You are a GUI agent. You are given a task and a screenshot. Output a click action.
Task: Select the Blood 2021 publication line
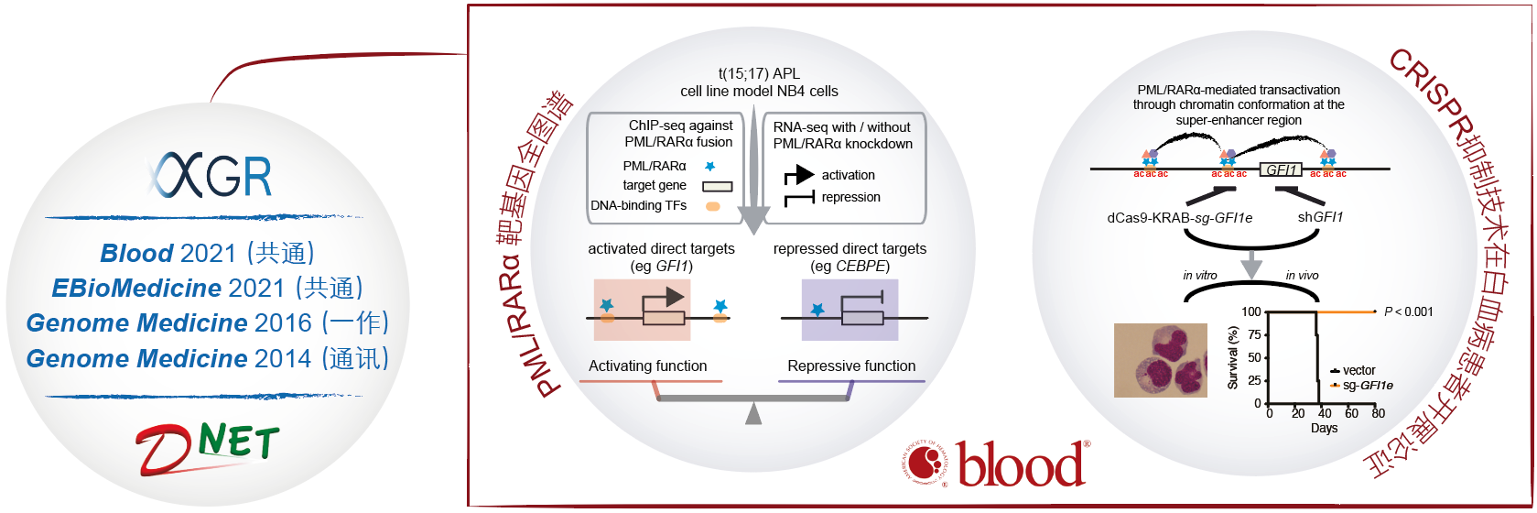(x=207, y=253)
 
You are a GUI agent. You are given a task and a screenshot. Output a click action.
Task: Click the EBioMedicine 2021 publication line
(x=207, y=288)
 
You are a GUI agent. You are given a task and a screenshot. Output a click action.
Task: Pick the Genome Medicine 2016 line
(x=207, y=322)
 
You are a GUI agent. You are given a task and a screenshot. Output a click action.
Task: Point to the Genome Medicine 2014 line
(x=207, y=358)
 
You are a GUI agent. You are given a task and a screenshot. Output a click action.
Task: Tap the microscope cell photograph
(x=1161, y=360)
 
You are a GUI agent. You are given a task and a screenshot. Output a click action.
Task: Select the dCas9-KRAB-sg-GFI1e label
(x=1179, y=218)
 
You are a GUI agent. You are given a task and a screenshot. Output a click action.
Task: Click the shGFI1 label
(x=1320, y=217)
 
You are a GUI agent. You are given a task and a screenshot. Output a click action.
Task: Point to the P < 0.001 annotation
(x=1408, y=312)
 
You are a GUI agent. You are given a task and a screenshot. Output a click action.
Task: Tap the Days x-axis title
(x=1324, y=428)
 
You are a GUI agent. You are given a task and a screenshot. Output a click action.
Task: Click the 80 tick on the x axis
(x=1378, y=414)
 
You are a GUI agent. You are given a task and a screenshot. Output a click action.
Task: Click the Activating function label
(x=647, y=366)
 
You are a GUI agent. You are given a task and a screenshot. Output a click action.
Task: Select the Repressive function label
(x=851, y=366)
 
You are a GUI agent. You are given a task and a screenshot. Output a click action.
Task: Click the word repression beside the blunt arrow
(x=850, y=197)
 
